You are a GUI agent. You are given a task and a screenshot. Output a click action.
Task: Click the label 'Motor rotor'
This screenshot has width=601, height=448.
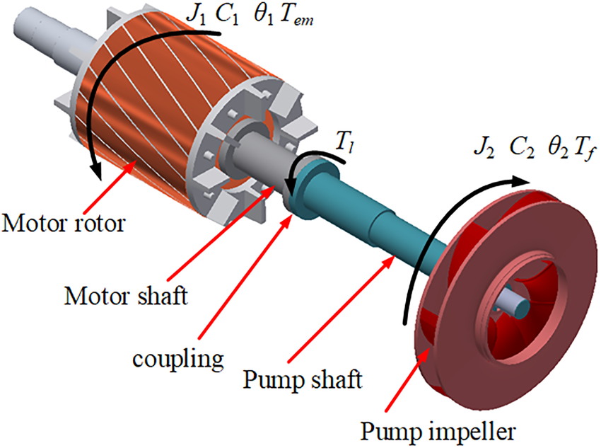(64, 224)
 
